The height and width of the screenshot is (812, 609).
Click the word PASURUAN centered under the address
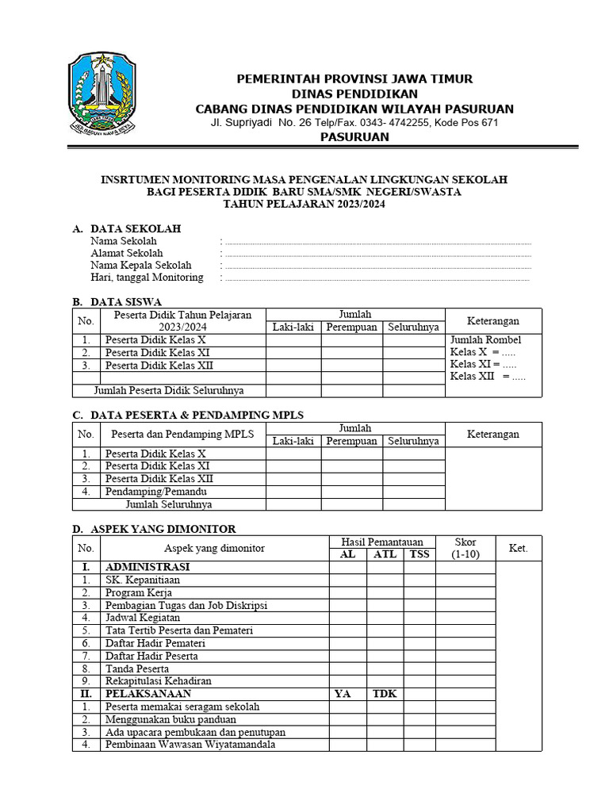click(354, 137)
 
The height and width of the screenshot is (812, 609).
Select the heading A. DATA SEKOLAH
click(127, 228)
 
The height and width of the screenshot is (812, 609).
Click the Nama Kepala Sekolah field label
click(140, 265)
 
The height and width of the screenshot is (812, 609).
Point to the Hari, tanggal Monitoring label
click(147, 278)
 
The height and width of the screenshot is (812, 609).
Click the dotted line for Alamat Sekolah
click(377, 254)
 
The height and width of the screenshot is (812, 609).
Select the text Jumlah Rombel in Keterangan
click(485, 339)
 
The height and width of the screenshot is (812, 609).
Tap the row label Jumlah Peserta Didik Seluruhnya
click(168, 390)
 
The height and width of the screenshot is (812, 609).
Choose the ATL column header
click(385, 554)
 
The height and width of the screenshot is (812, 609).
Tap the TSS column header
click(419, 554)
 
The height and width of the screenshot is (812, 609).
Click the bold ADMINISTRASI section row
click(147, 567)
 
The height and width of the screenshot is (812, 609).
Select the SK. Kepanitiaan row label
click(142, 580)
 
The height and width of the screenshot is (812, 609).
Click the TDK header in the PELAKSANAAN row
click(385, 694)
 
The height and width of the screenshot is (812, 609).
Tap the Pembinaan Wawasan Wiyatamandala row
click(191, 745)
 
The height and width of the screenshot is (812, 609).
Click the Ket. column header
click(518, 548)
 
